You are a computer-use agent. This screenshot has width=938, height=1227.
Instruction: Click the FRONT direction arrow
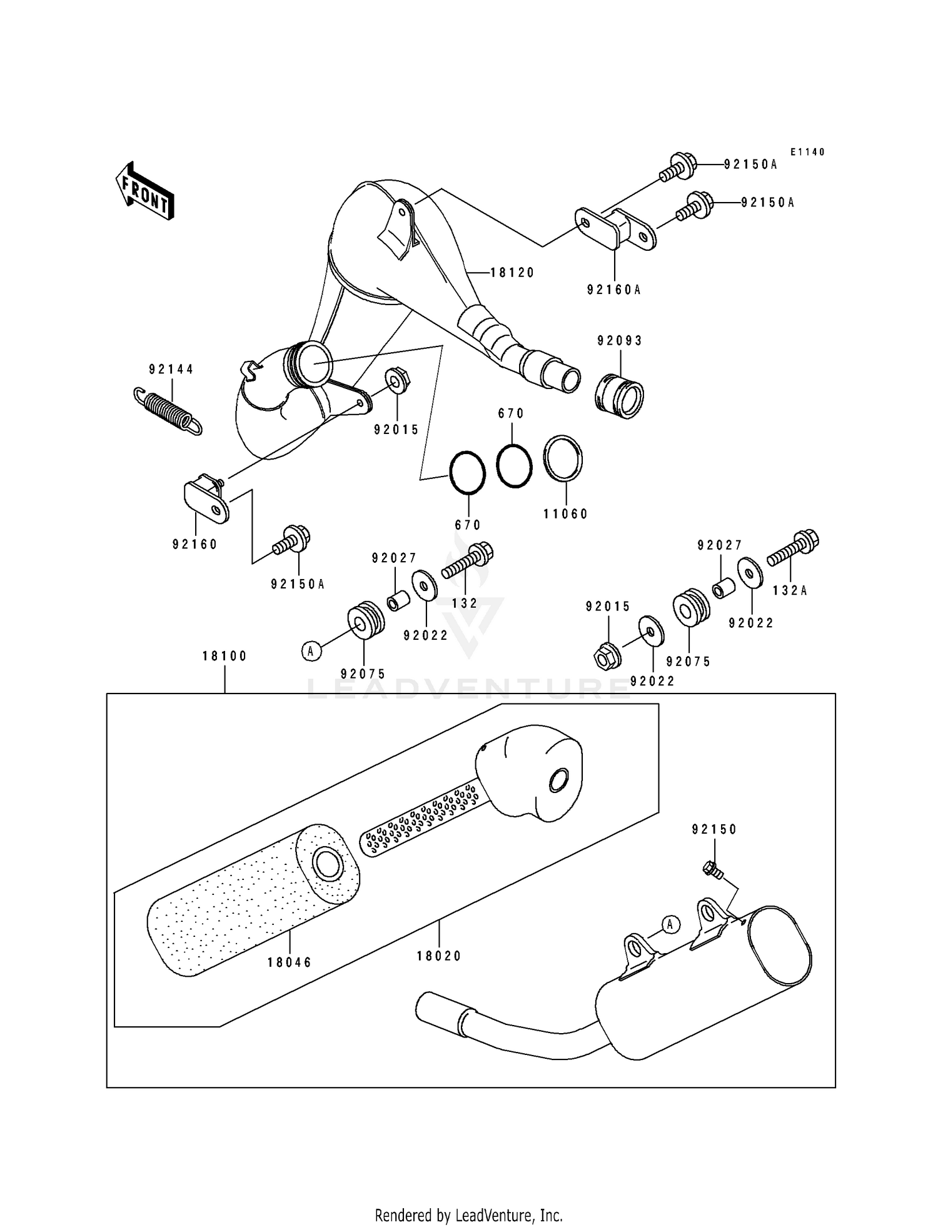[x=144, y=191]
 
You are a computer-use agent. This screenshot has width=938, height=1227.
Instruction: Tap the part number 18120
[x=512, y=273]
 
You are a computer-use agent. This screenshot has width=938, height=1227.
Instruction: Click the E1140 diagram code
[x=807, y=152]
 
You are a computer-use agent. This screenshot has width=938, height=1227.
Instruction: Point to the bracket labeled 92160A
[x=615, y=229]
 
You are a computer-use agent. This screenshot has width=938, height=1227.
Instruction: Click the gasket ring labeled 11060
[x=563, y=458]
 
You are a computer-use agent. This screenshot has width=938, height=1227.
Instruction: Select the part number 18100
[x=224, y=656]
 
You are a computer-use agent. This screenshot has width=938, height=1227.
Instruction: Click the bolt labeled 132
[x=468, y=561]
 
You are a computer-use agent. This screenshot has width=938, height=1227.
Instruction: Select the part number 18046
[x=289, y=962]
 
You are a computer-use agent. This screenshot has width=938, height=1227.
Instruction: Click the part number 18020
[x=439, y=956]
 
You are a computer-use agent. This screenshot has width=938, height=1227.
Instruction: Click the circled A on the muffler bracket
[x=670, y=924]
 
